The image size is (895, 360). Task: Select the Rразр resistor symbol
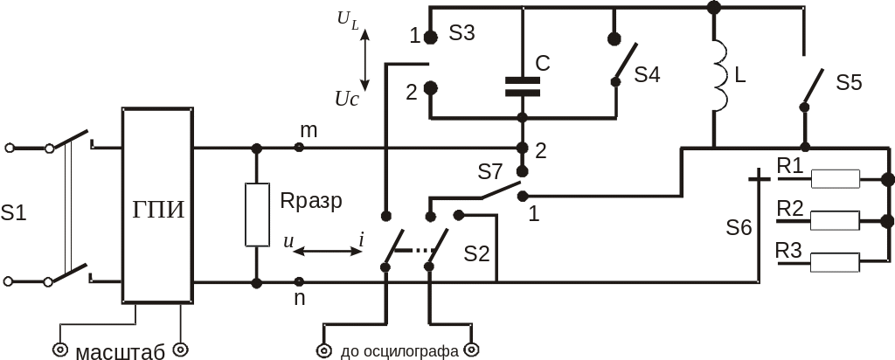click(x=256, y=215)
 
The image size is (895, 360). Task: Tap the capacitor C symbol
click(x=522, y=86)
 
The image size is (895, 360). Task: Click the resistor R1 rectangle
click(x=836, y=179)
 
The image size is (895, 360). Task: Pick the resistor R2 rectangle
click(x=836, y=219)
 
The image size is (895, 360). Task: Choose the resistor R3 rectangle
click(x=836, y=260)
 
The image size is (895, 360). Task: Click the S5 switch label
click(x=849, y=83)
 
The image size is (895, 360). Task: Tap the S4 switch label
click(x=647, y=74)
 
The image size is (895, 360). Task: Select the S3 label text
click(x=461, y=34)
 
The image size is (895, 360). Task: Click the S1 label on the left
click(x=13, y=211)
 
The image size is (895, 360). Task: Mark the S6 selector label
click(x=739, y=228)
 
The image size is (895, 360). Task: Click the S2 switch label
click(x=476, y=253)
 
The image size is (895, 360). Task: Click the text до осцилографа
click(x=399, y=352)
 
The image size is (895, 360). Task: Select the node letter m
click(x=309, y=130)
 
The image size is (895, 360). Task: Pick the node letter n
click(x=300, y=298)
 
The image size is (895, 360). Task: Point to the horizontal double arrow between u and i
click(x=325, y=252)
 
